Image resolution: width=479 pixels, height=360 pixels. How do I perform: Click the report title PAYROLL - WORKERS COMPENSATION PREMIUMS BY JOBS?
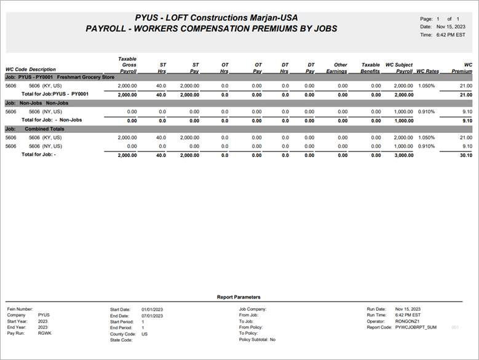click(x=212, y=29)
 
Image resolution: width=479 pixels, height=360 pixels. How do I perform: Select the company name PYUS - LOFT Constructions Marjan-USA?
click(x=212, y=18)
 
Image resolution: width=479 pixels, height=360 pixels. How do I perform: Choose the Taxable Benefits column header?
click(x=371, y=68)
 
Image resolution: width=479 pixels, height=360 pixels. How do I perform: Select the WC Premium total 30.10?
click(x=465, y=155)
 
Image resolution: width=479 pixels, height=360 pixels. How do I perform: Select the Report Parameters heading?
click(x=239, y=297)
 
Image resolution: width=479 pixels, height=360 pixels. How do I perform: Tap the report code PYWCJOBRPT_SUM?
click(x=416, y=327)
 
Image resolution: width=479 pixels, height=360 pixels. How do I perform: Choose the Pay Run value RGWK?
click(x=44, y=334)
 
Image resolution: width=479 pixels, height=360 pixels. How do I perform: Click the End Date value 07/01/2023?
click(x=152, y=315)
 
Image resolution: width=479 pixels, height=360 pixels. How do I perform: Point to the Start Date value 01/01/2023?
click(x=152, y=309)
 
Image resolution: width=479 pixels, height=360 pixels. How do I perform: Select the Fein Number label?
click(x=22, y=309)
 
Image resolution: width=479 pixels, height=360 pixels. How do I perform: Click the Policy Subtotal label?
click(x=253, y=340)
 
